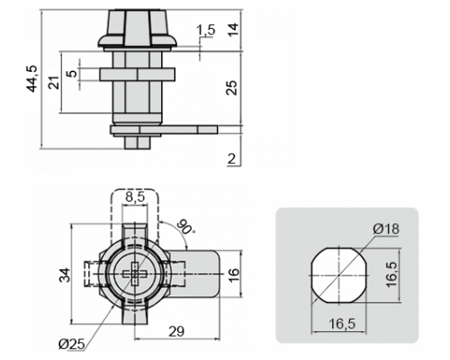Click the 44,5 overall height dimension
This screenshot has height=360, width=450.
pyautogui.click(x=32, y=78)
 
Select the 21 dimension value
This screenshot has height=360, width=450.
pyautogui.click(x=54, y=83)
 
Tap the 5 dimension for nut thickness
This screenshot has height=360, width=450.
pyautogui.click(x=73, y=74)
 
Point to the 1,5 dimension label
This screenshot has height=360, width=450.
pyautogui.click(x=206, y=30)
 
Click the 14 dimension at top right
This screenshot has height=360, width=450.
pyautogui.click(x=233, y=29)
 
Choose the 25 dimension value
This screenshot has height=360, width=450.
pyautogui.click(x=231, y=87)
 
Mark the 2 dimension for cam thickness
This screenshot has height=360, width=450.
pyautogui.click(x=232, y=158)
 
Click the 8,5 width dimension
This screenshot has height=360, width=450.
pyautogui.click(x=135, y=197)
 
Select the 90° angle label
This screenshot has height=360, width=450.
pyautogui.click(x=185, y=227)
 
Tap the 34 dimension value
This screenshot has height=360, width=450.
pyautogui.click(x=65, y=274)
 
